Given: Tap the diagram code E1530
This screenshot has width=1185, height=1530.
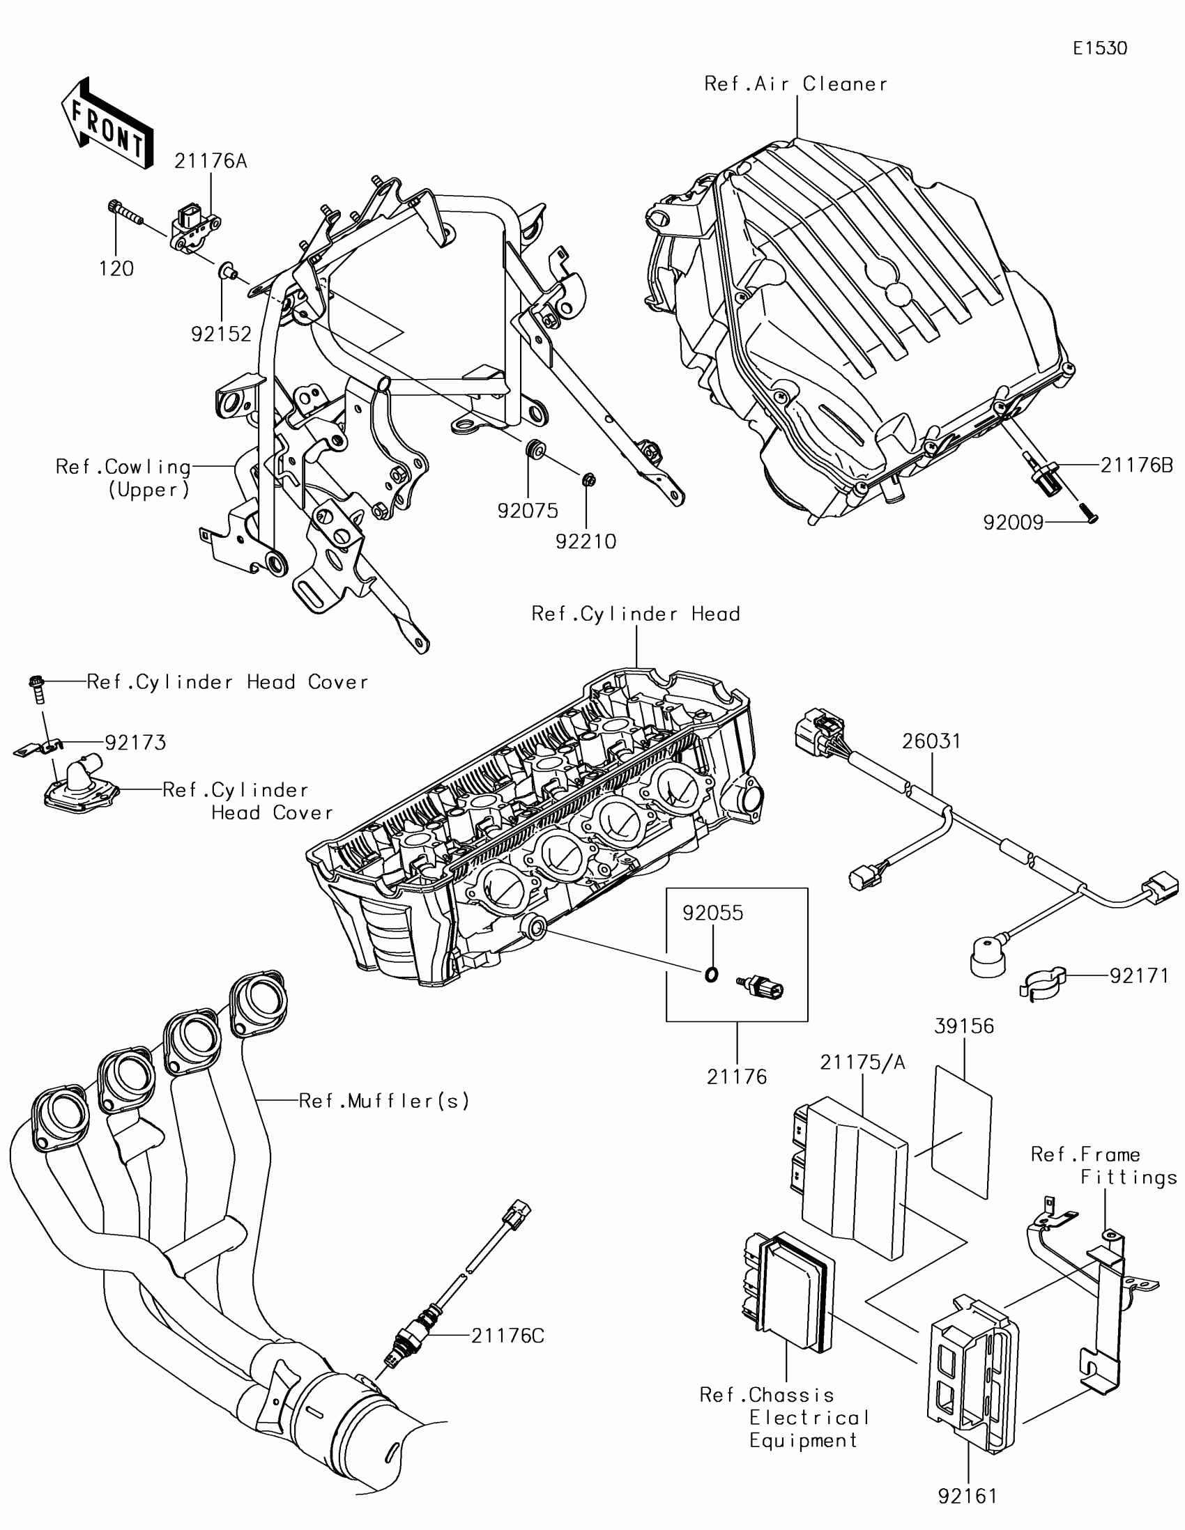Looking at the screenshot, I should coord(1099,48).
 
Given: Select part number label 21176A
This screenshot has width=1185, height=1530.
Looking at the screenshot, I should coord(211,161).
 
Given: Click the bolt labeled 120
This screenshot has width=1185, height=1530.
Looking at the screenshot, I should coord(124,212).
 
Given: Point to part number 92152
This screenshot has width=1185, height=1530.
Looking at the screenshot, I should coord(221,334).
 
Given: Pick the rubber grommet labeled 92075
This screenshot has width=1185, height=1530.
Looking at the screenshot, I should coord(535,449).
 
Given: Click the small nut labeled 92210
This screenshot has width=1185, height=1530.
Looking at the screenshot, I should coord(588,480).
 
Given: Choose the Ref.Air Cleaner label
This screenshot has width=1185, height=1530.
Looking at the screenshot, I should coord(795,84).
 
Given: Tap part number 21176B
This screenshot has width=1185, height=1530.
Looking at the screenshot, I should coord(1136,465).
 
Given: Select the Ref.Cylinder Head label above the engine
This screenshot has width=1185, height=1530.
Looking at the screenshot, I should coord(636,615).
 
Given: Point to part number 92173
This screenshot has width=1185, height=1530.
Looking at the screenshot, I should coord(135,743).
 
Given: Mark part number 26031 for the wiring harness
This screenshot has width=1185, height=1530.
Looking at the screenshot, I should coord(931,741).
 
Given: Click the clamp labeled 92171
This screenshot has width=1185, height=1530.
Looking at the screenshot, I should coord(1043,984).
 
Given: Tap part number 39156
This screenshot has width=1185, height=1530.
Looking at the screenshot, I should coord(964,1026).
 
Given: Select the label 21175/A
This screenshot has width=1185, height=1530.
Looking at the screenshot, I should coord(863,1062).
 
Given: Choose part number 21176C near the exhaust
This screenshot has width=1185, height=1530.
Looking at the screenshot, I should coord(507,1336).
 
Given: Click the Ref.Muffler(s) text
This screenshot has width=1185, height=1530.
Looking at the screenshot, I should coord(384,1102).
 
